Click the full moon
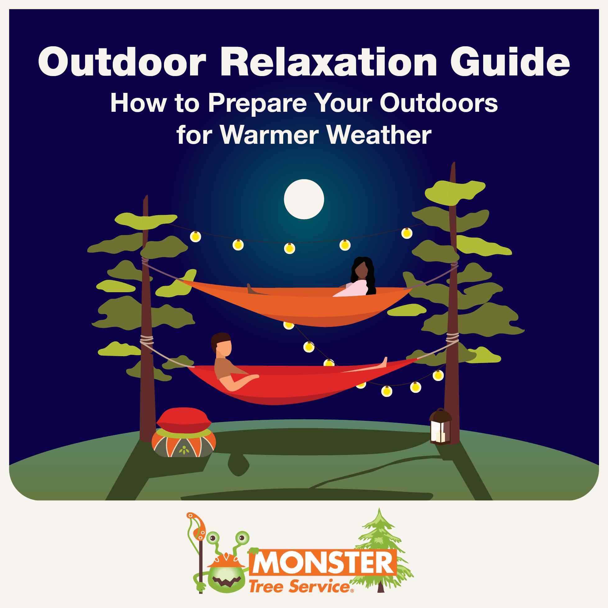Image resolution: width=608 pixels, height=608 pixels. [x=304, y=199]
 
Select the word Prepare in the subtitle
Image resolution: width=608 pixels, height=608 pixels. [x=257, y=103]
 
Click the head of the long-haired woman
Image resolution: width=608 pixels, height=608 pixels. [x=361, y=270]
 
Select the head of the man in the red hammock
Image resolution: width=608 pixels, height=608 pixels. [x=223, y=345]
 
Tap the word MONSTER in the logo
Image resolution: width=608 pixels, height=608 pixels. [x=323, y=563]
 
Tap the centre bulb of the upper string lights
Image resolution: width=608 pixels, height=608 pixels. [x=289, y=248]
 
